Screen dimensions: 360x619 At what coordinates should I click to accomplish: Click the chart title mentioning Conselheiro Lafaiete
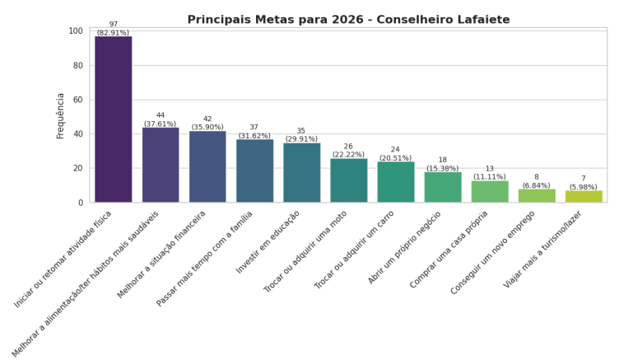tap(348, 20)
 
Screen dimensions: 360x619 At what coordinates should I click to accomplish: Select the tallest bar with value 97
tap(113, 119)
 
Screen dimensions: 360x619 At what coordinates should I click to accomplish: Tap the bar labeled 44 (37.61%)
tap(161, 165)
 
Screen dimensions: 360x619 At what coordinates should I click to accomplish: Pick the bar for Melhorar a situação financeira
tap(207, 166)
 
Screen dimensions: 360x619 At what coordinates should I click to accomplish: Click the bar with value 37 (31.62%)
tap(254, 171)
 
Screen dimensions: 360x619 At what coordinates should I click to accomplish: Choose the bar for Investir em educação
tap(301, 172)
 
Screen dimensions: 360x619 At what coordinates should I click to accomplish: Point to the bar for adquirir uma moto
tap(348, 180)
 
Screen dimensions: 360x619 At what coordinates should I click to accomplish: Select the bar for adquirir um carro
tap(395, 182)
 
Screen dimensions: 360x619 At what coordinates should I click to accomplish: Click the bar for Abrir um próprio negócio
tap(442, 187)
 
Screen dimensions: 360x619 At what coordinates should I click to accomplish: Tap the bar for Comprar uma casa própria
tap(489, 191)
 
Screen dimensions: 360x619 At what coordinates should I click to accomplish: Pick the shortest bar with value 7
tap(584, 197)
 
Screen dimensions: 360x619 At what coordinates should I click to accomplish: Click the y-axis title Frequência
tap(60, 115)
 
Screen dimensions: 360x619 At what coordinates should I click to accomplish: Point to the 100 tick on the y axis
tap(75, 31)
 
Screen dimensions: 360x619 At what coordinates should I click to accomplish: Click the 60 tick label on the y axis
tap(77, 100)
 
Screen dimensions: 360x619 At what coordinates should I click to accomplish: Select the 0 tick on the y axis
tap(80, 203)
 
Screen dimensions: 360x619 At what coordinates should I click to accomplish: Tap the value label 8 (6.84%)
tap(536, 181)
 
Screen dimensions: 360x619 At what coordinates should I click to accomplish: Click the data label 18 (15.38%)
tap(442, 164)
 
